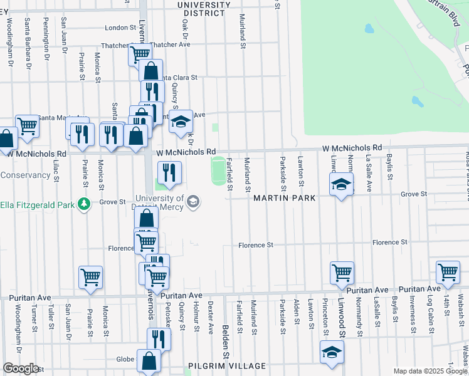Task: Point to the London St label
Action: coord(116,28)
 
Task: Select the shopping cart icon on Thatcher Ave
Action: coord(140,54)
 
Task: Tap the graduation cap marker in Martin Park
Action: coord(341,185)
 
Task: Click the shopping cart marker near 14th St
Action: coord(448,273)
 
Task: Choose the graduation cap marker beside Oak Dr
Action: coord(181,122)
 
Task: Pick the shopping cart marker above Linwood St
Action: coord(342,273)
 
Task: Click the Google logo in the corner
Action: coord(20,368)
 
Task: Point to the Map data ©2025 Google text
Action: coord(430,372)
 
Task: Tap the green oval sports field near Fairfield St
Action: coord(218,171)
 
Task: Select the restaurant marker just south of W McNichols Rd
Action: coord(169,172)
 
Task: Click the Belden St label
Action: coord(224,338)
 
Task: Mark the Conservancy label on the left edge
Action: coord(21,175)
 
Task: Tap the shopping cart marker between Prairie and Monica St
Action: coord(91,276)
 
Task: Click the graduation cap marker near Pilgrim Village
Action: coord(332,352)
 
